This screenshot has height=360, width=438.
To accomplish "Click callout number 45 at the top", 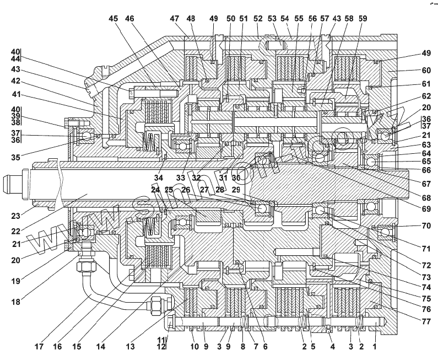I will (113, 19).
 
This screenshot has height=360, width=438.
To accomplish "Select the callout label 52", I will (258, 19).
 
